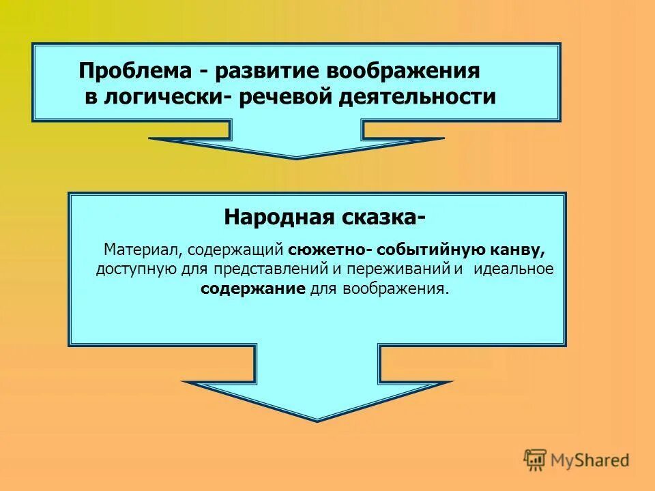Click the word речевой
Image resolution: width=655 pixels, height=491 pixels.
click(286, 98)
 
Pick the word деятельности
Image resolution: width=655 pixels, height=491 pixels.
click(418, 98)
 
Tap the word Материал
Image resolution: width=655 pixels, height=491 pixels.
click(142, 250)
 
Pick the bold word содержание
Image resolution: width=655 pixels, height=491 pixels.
click(252, 288)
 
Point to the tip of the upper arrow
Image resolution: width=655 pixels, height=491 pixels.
click(296, 158)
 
